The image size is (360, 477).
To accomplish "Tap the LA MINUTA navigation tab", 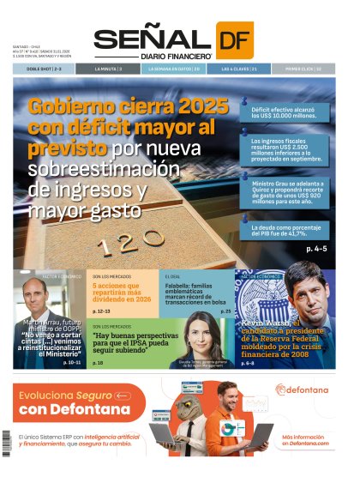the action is pos(109,68).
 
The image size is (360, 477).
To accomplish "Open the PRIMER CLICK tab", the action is pos(306,68).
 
